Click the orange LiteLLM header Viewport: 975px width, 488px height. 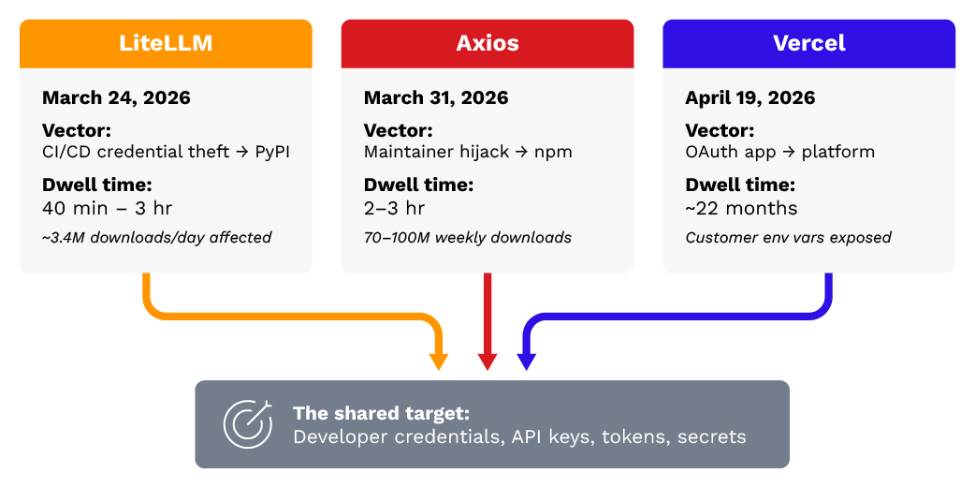(x=166, y=44)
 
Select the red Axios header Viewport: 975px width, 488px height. (x=487, y=44)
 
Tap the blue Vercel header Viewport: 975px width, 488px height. (x=808, y=44)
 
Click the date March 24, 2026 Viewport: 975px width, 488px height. (x=116, y=97)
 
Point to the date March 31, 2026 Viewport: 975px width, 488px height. (x=436, y=97)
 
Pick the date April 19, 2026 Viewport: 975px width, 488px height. (x=749, y=97)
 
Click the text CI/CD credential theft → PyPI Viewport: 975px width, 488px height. (x=166, y=152)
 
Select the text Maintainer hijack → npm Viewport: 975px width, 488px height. (x=467, y=152)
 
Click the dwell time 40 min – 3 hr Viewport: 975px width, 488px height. (x=108, y=208)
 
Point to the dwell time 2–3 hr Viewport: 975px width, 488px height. (x=394, y=208)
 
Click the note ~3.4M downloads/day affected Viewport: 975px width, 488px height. (x=156, y=238)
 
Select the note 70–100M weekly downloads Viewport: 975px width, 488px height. (x=467, y=238)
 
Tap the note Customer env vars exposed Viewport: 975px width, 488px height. (x=788, y=238)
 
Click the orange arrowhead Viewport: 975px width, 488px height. (x=438, y=362)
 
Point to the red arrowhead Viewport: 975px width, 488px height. (x=487, y=362)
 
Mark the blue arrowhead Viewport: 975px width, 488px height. (x=526, y=362)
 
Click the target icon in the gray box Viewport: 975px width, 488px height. (x=247, y=423)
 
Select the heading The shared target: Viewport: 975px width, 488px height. (x=381, y=413)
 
